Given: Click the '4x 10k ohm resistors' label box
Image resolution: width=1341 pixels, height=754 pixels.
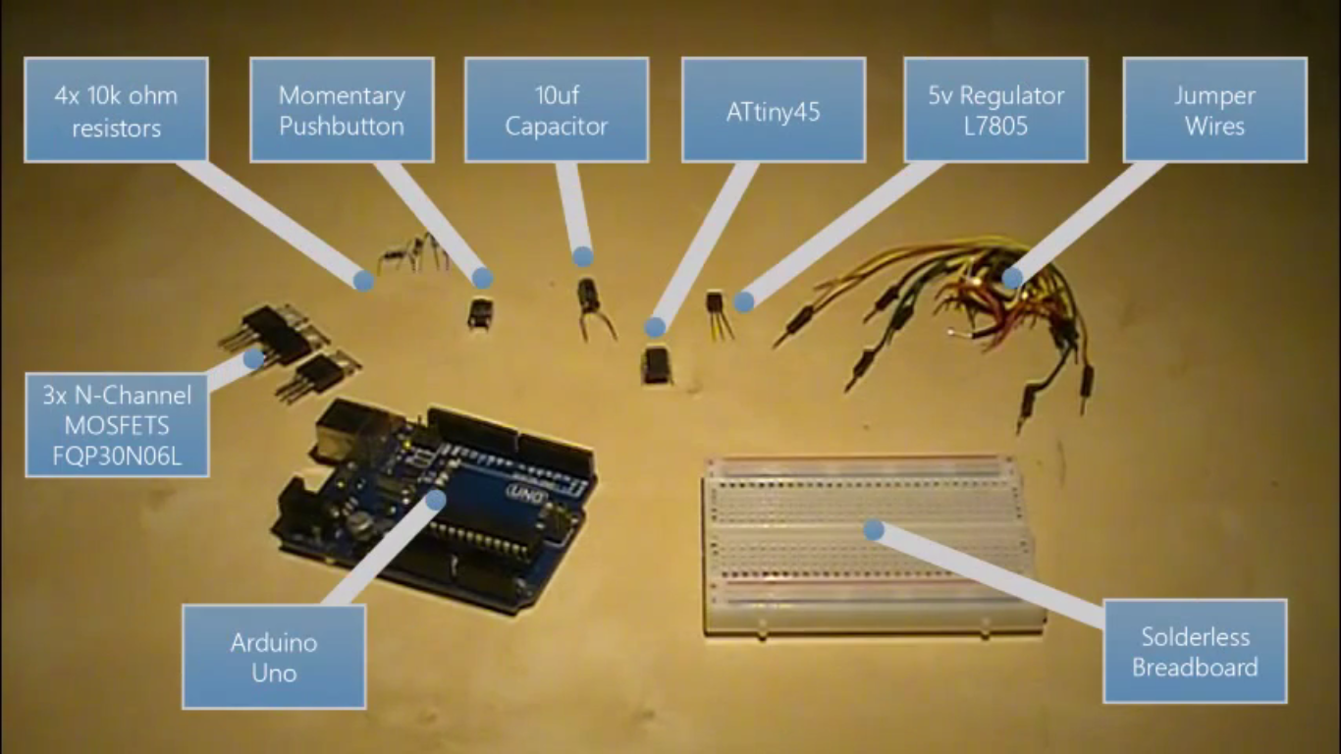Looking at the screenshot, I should point(116,109).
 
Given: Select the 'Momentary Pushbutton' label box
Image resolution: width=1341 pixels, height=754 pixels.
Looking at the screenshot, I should point(342,109).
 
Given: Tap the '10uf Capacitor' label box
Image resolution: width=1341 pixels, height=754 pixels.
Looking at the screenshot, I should point(557,109).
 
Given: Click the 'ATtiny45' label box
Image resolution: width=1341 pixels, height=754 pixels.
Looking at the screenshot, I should point(774,109).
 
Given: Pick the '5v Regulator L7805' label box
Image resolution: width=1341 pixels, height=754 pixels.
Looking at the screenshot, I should point(995,109).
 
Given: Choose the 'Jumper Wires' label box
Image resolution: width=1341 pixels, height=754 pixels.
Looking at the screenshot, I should point(1214,109).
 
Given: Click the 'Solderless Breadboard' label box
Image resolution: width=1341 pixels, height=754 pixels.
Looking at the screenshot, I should point(1195,651).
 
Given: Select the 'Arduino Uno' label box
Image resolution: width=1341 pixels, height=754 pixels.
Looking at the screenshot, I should point(274,656).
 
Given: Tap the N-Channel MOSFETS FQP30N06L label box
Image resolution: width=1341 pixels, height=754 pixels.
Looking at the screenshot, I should point(117,424).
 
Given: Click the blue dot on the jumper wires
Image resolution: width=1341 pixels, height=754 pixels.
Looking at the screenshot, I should point(1011,278).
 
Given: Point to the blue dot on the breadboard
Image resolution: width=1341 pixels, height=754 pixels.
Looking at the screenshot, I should point(873,530).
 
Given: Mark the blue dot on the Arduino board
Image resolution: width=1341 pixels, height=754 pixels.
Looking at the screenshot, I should point(435,499).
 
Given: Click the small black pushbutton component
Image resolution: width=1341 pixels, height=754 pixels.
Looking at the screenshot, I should point(480,313).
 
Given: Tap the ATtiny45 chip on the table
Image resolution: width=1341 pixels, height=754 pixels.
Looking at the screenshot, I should point(656,363).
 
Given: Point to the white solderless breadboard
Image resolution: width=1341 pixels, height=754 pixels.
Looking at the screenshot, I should point(869,545).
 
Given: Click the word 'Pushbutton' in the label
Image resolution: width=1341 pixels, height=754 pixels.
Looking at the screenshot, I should point(342,126).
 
